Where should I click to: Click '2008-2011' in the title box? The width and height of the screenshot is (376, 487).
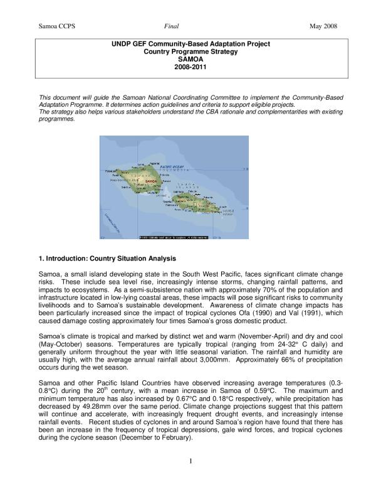pos(187,67)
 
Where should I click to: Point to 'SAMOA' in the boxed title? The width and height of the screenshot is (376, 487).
pos(187,60)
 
